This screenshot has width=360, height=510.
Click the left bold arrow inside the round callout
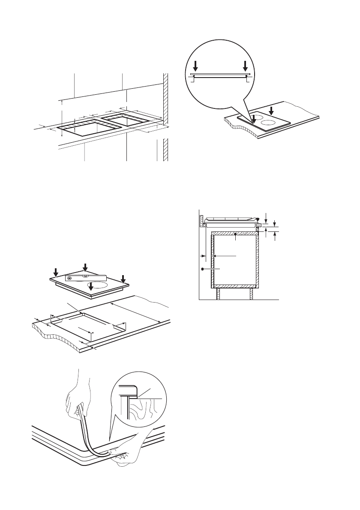[x=195, y=66]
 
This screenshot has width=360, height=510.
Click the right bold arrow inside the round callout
[x=245, y=66]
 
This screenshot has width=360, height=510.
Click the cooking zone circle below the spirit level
[x=98, y=285]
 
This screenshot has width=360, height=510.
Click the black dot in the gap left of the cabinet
[x=202, y=269]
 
